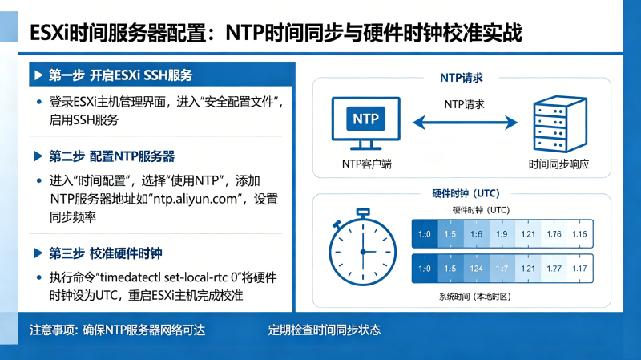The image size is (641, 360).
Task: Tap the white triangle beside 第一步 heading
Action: pos(38,75)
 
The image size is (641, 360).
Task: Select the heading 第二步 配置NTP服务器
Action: pos(111,156)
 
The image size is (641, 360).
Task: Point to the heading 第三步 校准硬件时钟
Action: pos(106,253)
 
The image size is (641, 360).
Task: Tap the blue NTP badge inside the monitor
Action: pos(365,119)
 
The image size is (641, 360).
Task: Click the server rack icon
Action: pos(560,124)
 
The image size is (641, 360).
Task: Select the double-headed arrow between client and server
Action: pos(466,123)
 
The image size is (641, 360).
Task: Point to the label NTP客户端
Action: pos(367,164)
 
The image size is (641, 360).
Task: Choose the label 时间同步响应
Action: pos(558,164)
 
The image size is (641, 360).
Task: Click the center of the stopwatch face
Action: pos(363,252)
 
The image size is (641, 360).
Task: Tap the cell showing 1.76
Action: pos(554,234)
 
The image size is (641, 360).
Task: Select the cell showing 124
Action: pos(476,269)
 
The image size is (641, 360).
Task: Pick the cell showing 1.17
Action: pos(579,269)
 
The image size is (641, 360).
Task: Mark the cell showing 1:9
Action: pos(502,234)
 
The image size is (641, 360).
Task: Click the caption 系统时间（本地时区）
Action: pos(475,297)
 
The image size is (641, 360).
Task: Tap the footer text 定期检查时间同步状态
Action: pos(325,330)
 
